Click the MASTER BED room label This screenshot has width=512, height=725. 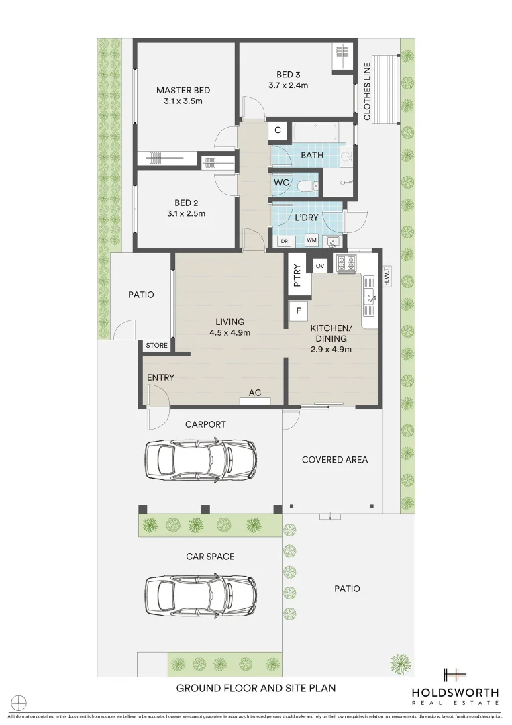(x=183, y=91)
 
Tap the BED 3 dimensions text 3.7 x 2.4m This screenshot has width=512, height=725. (x=294, y=85)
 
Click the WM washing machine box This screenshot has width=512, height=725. (x=311, y=240)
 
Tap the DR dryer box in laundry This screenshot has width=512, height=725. (x=284, y=240)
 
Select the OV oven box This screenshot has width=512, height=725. (x=320, y=266)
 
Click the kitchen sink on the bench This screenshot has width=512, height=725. (x=368, y=296)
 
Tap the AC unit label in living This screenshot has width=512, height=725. (x=255, y=393)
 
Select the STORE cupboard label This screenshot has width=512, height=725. (x=157, y=346)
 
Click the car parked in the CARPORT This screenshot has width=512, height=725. (x=201, y=459)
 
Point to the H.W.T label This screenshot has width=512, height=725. (x=387, y=276)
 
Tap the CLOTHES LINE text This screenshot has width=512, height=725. (x=367, y=92)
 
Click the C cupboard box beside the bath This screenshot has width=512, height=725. (x=278, y=130)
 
